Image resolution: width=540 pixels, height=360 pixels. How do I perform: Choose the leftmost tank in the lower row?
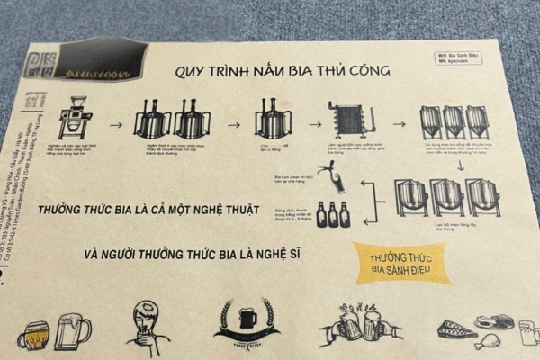pyautogui.click(x=411, y=197)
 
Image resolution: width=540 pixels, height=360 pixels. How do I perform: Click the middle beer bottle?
pyautogui.click(x=333, y=214)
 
